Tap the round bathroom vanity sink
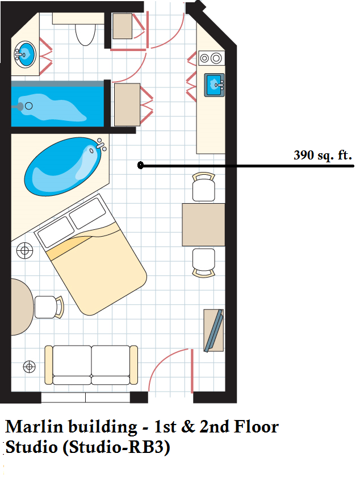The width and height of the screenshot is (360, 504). [25, 54]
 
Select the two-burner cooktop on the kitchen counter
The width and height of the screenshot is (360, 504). [212, 58]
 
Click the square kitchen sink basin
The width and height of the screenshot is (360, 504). [214, 85]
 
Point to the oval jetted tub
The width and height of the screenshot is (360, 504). [64, 166]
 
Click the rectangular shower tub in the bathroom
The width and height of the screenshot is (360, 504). [57, 104]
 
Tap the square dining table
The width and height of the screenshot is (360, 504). [203, 225]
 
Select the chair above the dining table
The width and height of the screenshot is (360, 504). [204, 187]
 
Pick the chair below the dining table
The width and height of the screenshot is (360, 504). [204, 263]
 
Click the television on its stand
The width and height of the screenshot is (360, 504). [214, 330]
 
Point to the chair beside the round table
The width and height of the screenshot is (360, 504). [49, 307]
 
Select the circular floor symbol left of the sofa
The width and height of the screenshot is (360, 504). [30, 367]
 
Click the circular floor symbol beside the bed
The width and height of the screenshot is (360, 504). [25, 250]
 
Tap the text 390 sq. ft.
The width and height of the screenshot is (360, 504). [323, 156]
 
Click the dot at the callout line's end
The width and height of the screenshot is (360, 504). [140, 165]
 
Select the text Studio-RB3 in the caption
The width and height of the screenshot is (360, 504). [116, 447]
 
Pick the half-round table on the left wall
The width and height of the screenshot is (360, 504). [22, 307]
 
